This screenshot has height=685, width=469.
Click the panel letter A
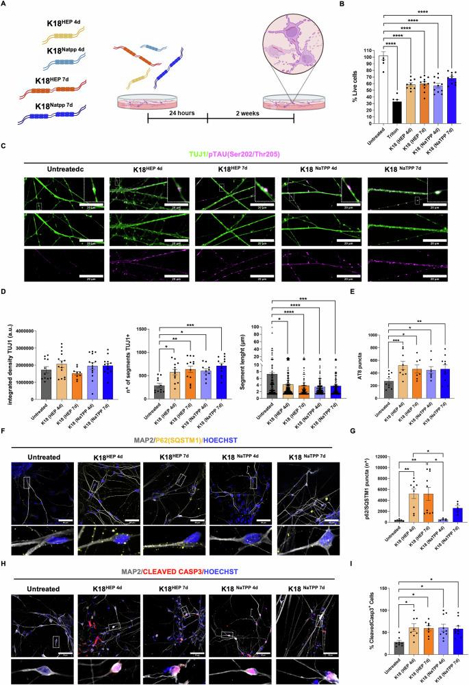(x=6, y=6)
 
